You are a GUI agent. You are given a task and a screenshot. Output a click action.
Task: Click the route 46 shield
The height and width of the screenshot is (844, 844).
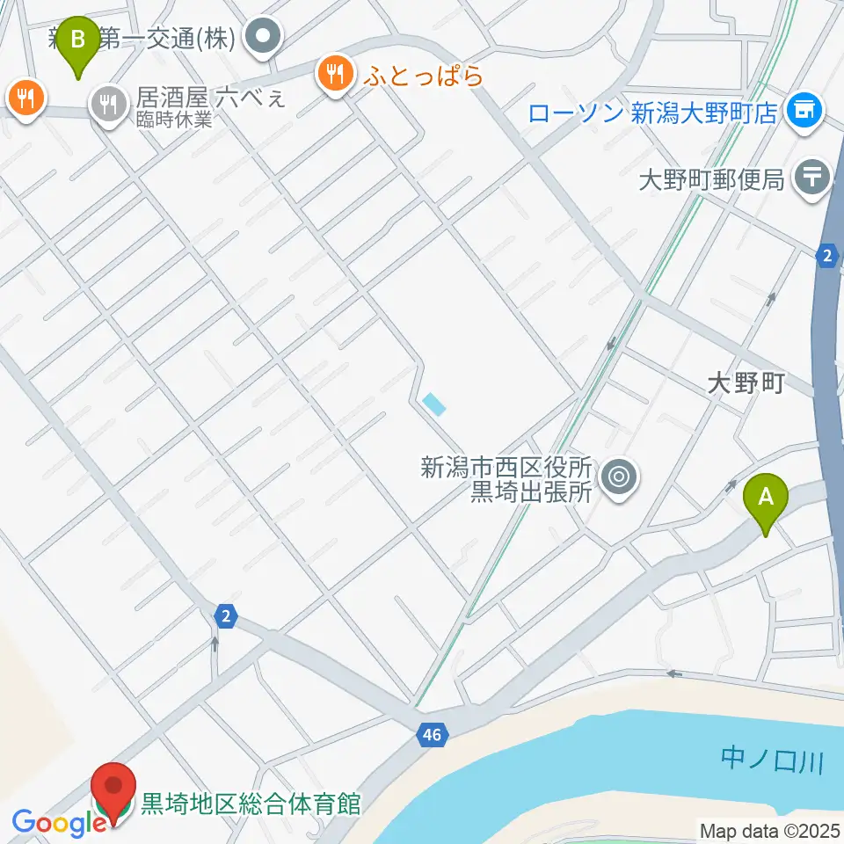pos(430,733)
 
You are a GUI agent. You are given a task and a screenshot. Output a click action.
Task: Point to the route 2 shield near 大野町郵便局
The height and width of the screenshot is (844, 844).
pos(826,256)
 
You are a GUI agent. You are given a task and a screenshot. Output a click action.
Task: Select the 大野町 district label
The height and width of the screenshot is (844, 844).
pos(746,384)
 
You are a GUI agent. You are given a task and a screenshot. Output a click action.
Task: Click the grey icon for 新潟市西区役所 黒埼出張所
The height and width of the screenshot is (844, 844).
pos(619,478)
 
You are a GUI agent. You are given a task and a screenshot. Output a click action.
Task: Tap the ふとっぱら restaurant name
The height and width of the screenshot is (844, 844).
pos(422,76)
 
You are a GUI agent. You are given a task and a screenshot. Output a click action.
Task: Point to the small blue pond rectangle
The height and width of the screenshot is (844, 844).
pos(433,404)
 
